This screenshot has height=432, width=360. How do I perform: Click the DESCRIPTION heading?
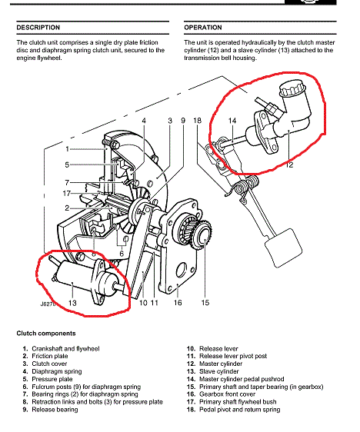pos(38,28)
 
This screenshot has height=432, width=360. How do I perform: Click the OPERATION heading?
pos(203,28)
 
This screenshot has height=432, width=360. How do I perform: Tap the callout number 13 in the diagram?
pos(72,303)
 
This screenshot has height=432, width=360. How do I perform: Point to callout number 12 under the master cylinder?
pos(289,164)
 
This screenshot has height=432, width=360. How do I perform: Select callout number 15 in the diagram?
pos(205,303)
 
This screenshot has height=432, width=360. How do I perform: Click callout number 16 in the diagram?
pos(178,303)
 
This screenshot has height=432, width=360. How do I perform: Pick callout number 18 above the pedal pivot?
pos(198,121)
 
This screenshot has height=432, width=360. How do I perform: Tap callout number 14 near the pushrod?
pos(232,121)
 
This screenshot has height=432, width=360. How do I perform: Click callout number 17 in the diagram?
pos(67,194)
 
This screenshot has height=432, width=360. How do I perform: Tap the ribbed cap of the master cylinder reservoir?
pos(292,88)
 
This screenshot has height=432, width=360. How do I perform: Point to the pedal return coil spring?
pos(246,186)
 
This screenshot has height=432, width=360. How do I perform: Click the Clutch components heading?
pos(46,334)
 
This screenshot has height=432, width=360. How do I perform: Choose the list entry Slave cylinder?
pos(219,371)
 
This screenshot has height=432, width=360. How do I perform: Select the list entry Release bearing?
pos(55,410)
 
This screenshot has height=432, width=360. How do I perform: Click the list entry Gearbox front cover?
pos(228,394)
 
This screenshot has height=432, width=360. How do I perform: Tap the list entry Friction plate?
pos(50,356)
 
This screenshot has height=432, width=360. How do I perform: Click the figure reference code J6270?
pos(48,304)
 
